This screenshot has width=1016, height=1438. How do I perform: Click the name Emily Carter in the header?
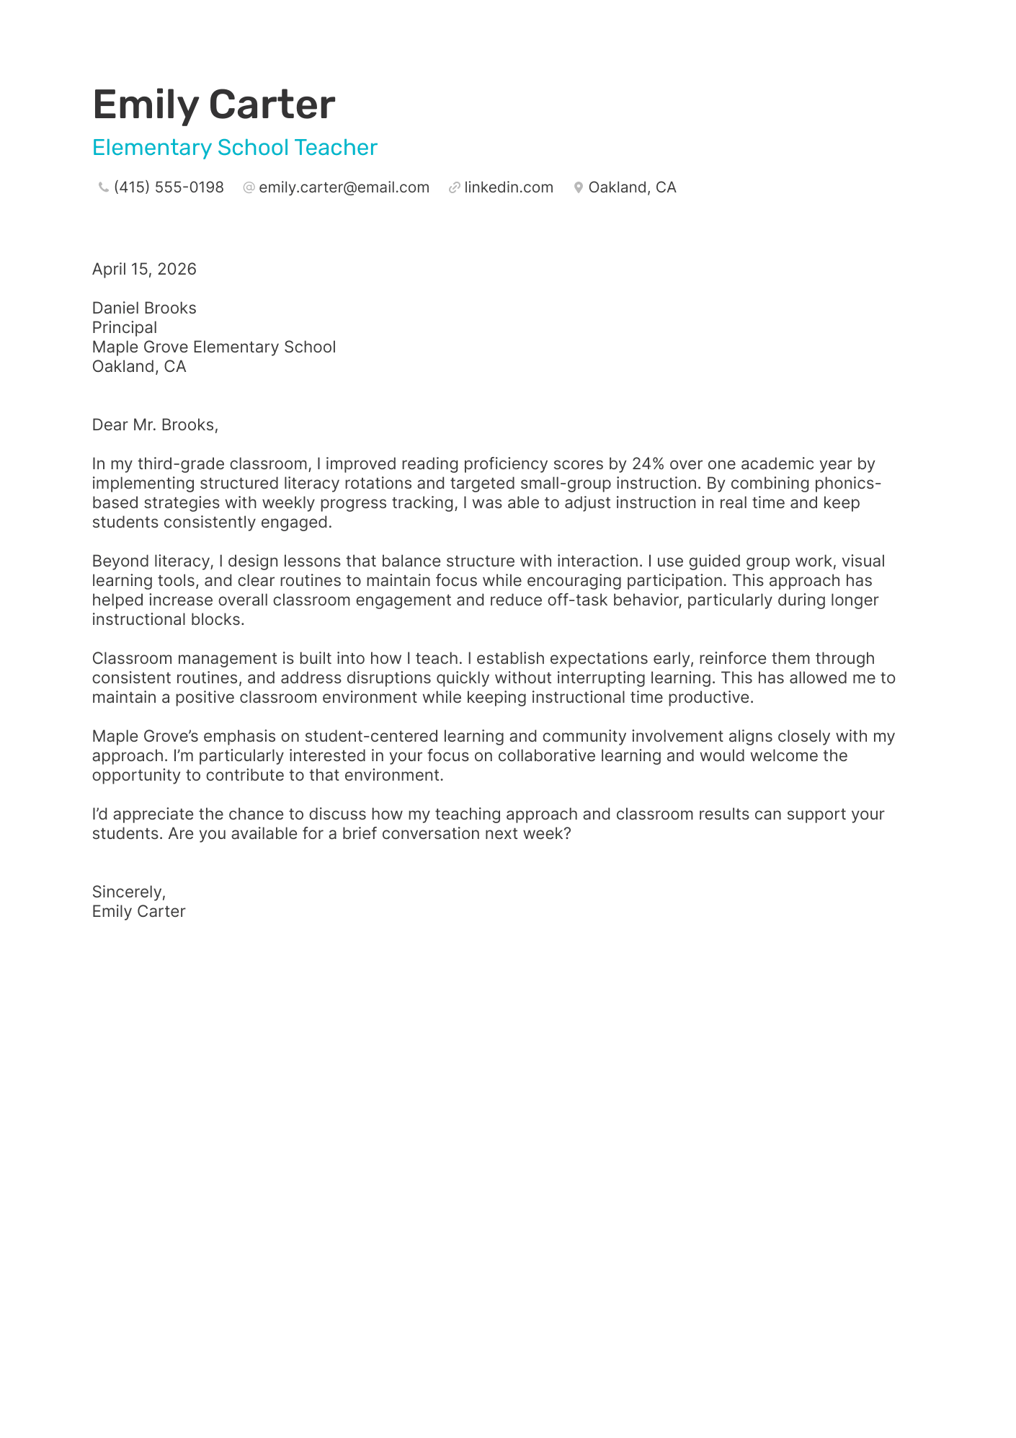point(213,105)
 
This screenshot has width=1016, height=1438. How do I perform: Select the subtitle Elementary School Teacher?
point(234,148)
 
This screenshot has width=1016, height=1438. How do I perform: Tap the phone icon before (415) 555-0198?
point(103,187)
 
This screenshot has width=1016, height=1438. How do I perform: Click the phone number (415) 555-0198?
point(169,187)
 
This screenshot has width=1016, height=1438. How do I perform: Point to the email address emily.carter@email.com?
point(344,187)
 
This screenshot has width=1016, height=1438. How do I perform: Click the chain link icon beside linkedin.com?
point(454,187)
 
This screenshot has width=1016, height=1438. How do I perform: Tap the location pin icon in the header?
point(578,187)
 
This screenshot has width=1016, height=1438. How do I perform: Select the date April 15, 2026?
point(144,269)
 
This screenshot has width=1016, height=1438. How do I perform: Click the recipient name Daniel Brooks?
point(144,308)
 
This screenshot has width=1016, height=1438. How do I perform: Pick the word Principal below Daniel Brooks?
point(125,327)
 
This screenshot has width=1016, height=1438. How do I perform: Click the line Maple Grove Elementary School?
point(214,347)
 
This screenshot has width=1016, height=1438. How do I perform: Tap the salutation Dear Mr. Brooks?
point(155,425)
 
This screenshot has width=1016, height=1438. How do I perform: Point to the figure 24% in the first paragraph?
point(647,463)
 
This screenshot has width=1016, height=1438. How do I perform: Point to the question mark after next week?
point(567,833)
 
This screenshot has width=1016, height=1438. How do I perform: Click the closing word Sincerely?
point(129,892)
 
